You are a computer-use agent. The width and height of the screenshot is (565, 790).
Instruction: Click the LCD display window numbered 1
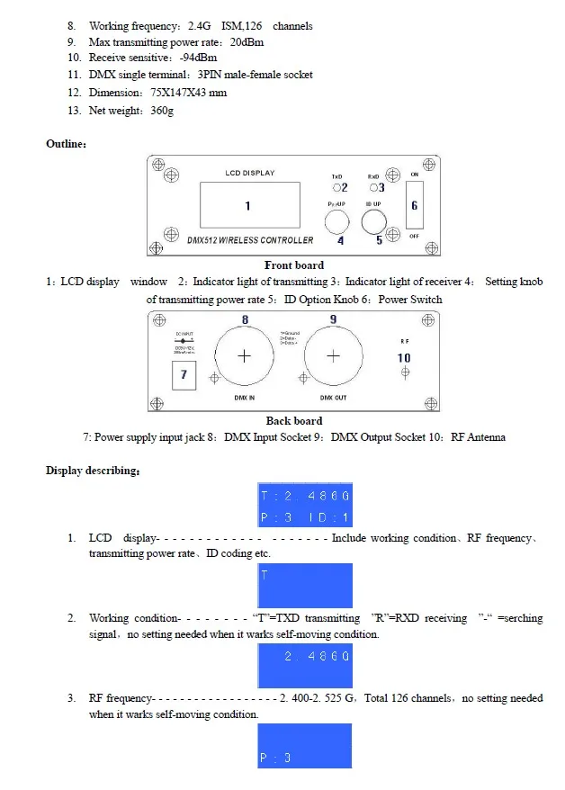tap(247, 205)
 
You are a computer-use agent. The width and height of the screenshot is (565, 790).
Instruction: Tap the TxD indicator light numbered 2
tap(335, 188)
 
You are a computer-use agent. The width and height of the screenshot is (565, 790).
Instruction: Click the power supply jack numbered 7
tap(184, 373)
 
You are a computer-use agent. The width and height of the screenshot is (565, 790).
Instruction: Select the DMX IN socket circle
tap(243, 356)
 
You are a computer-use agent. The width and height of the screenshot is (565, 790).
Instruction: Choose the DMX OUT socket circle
tap(333, 356)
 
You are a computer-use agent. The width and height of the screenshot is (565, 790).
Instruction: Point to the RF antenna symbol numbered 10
tap(405, 371)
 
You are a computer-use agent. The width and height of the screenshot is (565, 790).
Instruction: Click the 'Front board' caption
tap(294, 265)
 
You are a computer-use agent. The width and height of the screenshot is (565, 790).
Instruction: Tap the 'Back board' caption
tap(294, 421)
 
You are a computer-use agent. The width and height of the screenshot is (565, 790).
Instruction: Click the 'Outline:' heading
tap(67, 144)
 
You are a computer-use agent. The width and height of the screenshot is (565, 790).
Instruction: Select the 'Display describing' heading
tap(93, 471)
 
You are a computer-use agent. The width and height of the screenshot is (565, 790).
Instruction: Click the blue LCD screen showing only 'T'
tap(305, 586)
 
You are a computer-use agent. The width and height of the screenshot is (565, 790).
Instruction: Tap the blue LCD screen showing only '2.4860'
tap(305, 666)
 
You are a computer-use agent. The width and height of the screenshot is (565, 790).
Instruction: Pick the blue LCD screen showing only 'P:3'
tap(305, 745)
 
